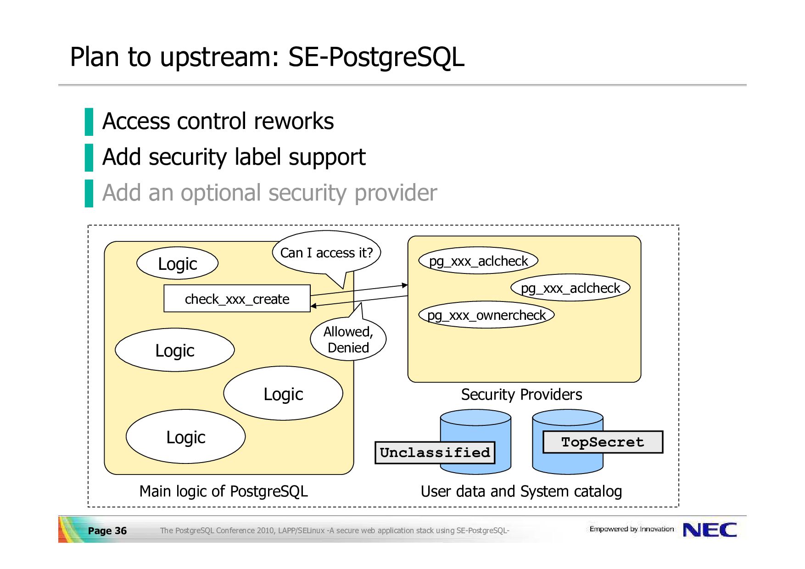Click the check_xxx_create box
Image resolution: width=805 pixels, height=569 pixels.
click(237, 299)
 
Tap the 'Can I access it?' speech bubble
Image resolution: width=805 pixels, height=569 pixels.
click(326, 253)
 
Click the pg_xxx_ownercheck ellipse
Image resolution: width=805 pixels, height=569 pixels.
click(486, 315)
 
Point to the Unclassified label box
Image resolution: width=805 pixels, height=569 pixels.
click(435, 452)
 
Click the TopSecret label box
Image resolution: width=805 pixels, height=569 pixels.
click(603, 442)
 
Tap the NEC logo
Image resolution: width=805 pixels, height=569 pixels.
click(710, 530)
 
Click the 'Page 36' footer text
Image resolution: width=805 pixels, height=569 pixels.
click(107, 530)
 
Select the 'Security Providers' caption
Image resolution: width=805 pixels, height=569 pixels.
click(521, 394)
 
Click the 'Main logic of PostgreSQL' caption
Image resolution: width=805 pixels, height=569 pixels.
click(224, 491)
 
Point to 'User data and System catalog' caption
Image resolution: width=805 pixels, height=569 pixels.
click(521, 491)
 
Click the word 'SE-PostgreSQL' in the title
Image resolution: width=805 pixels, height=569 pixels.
click(376, 57)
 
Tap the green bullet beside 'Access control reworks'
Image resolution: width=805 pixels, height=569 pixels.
click(89, 122)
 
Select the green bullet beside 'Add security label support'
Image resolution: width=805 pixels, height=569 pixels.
click(89, 157)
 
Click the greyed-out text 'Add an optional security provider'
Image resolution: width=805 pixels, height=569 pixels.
click(269, 192)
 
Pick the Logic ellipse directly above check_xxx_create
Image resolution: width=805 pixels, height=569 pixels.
click(178, 263)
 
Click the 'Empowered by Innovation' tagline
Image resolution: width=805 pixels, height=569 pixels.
click(632, 529)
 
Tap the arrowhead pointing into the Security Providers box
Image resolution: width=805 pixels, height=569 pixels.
click(405, 285)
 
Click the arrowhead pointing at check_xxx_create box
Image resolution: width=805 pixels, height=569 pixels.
click(313, 306)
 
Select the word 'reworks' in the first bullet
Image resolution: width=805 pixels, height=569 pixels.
click(294, 122)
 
